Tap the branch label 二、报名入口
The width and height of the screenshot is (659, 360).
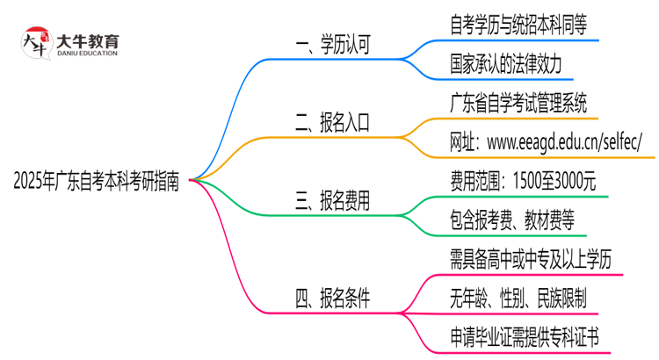point(333,124)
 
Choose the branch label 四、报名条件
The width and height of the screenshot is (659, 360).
point(333,299)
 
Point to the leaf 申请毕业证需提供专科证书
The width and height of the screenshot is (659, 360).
point(523,338)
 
